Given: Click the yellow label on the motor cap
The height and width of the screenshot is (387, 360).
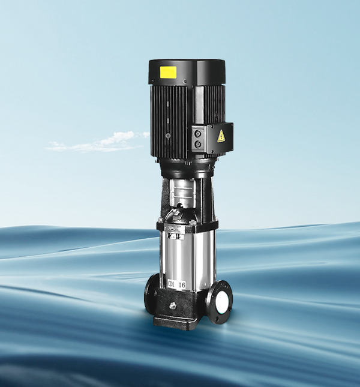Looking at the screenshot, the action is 168,72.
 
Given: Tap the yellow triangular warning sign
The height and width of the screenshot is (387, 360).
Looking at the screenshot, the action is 221,136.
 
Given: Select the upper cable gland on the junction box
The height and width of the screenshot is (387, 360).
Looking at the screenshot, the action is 197,133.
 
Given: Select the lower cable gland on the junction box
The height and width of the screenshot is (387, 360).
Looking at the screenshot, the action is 197,145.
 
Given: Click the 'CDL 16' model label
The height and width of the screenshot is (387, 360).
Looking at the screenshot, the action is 177,284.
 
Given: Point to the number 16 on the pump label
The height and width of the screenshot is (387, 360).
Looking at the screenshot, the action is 182,284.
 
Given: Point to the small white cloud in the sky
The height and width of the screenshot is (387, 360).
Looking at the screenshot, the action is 98,142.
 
